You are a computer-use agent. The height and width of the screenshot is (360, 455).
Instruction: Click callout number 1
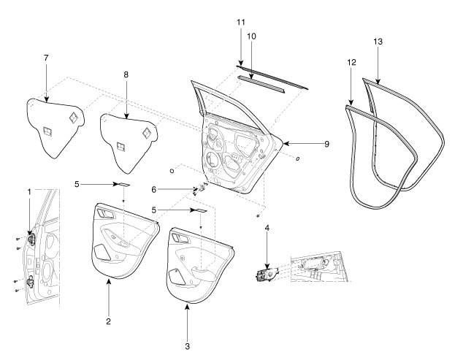point(29,192)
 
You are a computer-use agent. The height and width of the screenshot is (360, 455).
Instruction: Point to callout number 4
point(268,228)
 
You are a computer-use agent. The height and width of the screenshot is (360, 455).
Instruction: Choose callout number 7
point(46,58)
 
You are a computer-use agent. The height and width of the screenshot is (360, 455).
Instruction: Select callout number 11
point(241,24)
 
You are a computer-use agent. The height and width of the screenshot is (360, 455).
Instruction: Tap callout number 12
point(352,63)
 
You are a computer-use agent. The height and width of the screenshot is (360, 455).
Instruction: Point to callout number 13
point(378,43)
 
